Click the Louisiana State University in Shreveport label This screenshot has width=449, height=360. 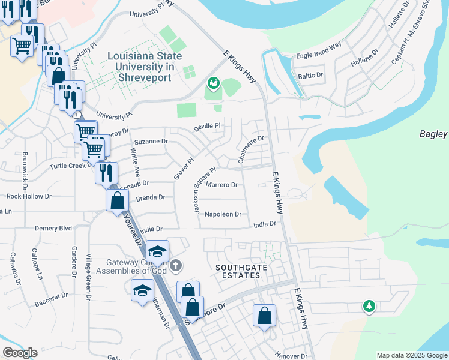[140, 67]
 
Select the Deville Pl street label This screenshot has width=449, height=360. [208, 127]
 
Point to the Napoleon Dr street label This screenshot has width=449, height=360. [223, 214]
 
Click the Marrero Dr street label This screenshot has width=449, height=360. [222, 185]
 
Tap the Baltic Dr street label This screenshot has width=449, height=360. [310, 76]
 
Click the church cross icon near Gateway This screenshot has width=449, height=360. [175, 265]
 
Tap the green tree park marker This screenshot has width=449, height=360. [369, 307]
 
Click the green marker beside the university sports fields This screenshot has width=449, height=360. [212, 83]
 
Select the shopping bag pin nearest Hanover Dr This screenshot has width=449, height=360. [264, 316]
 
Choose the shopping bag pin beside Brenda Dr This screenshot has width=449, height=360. [118, 199]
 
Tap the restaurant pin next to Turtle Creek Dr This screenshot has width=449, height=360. [106, 172]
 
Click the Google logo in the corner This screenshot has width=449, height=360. [19, 353]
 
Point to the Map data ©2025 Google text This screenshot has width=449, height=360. [411, 355]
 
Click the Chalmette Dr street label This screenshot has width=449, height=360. [251, 149]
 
